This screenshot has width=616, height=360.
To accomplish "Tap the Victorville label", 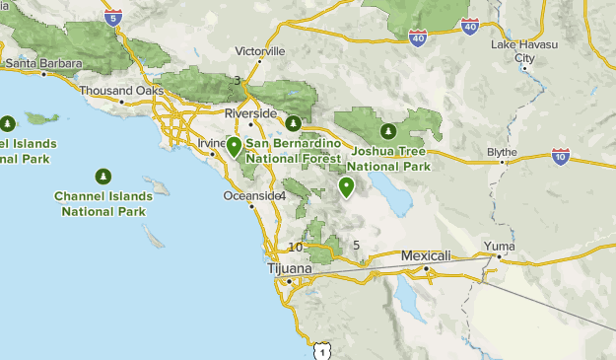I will click(x=260, y=50).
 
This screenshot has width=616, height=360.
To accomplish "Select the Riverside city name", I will click(x=250, y=113).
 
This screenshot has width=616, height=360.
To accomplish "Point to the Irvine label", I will click(x=211, y=143).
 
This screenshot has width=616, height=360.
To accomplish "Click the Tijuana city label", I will click(x=289, y=268).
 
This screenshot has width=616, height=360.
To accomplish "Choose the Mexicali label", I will click(x=425, y=255).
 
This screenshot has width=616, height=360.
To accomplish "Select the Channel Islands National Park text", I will click(x=103, y=204).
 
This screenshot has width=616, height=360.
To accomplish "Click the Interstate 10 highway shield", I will click(x=560, y=157).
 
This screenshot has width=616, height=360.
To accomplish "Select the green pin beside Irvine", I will click(x=234, y=147).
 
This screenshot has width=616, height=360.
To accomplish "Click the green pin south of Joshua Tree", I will click(x=346, y=186).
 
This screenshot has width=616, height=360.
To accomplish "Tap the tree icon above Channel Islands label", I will click(x=103, y=177).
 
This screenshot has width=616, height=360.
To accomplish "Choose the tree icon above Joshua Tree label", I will click(x=388, y=131).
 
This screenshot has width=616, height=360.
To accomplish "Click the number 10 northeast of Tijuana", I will click(x=296, y=247).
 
